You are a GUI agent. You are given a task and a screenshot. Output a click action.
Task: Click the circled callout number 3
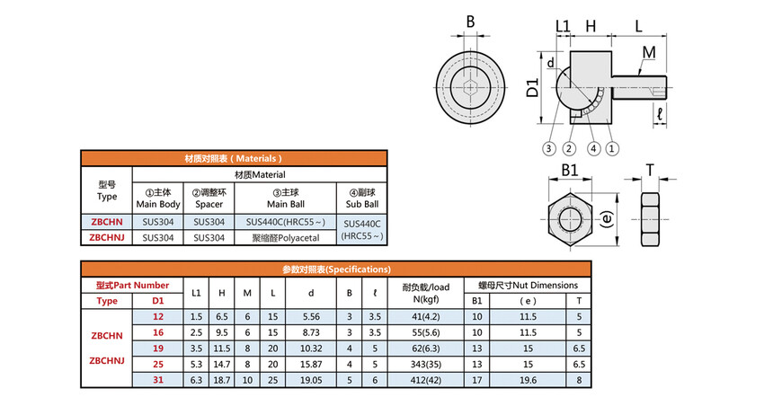point(548,148)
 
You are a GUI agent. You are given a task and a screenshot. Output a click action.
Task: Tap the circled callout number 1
point(612,148)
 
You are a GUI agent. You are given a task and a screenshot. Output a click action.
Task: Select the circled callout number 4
point(593,148)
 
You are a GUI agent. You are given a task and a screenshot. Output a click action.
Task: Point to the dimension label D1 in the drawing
point(532,87)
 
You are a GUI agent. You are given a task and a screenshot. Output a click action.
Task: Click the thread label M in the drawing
point(649,52)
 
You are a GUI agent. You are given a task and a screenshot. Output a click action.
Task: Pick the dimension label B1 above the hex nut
point(569,170)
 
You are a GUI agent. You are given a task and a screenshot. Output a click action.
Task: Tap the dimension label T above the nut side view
point(650,171)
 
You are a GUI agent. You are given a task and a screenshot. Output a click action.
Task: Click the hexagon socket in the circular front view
point(470,88)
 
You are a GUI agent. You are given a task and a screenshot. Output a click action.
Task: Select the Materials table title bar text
point(233,159)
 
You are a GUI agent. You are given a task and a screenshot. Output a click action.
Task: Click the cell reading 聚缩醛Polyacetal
point(286,238)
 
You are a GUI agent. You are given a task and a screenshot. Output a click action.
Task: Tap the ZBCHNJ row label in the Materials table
point(107,237)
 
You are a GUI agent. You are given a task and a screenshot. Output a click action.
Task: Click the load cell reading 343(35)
point(426,364)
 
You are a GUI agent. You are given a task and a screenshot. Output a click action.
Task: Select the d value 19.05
point(311,380)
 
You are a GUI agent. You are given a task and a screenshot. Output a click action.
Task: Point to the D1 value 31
point(158,380)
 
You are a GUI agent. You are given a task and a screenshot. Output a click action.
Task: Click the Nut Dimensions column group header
point(528,286)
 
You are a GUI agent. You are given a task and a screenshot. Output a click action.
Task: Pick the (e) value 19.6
point(528,380)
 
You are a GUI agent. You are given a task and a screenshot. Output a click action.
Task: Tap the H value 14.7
point(222,364)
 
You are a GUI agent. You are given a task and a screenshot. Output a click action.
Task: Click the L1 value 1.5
point(196,317)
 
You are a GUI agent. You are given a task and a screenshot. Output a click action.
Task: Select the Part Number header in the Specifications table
point(133,286)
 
